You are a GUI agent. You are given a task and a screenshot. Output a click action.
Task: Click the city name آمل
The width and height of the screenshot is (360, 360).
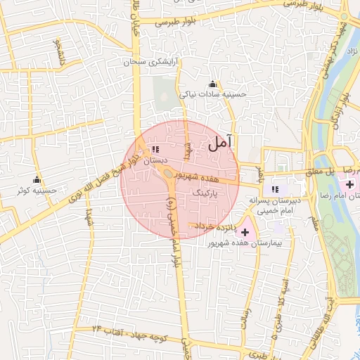[x=220, y=144]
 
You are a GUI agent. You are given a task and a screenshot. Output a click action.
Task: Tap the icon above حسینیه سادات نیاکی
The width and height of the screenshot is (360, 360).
[x=213, y=84]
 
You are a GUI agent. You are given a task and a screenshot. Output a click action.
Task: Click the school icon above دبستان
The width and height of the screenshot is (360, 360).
[x=155, y=150]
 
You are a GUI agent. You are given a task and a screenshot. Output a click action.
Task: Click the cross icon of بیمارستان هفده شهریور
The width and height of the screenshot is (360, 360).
[x=245, y=232]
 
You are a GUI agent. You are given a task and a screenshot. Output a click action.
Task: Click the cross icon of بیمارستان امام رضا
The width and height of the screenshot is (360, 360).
[x=350, y=184]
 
